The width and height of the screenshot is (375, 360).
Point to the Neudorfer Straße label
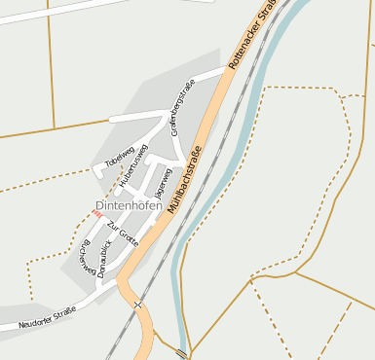pyautogui.click(x=47, y=316)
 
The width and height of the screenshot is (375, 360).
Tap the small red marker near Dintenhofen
pyautogui.click(x=97, y=214)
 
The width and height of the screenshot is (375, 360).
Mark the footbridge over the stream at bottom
pyautogui.click(x=182, y=352)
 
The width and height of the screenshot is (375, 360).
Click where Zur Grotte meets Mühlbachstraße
pyautogui.click(x=151, y=242)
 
